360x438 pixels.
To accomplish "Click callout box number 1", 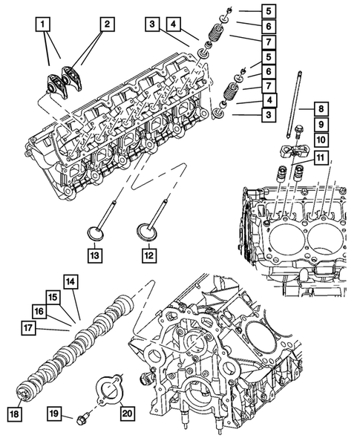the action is coord(42,24).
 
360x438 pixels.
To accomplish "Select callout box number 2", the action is coord(107,24).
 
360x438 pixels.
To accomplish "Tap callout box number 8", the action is coord(321,108).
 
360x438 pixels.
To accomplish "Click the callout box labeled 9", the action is coord(321,124).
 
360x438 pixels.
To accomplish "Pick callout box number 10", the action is coord(321,139).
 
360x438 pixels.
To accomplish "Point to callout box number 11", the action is coord(321,158).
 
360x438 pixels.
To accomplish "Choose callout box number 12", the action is coord(149,255).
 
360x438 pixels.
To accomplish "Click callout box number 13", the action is coord(95,255).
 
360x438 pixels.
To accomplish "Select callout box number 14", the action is coord(71,282).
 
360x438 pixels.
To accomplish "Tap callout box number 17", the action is coord(28,327).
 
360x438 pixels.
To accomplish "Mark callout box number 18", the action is coord(14,414).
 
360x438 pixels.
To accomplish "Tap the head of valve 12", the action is coord(147,232).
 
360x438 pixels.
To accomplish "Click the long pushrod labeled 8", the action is coord(293,104).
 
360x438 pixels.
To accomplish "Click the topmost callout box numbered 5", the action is coord(269,11).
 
